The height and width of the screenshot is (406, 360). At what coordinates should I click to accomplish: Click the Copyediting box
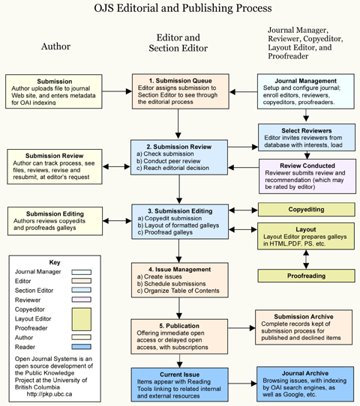(306, 210)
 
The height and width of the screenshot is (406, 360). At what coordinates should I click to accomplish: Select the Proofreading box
(306, 276)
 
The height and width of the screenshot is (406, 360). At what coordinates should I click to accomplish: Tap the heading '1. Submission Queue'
(181, 81)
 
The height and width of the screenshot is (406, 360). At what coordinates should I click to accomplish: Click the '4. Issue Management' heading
(180, 269)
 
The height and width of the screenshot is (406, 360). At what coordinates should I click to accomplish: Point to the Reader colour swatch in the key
(82, 347)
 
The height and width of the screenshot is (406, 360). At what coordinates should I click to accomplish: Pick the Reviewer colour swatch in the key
(82, 300)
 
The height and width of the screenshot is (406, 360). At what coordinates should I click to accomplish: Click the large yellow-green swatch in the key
(82, 319)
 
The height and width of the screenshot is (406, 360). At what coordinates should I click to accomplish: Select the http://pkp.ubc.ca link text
(49, 394)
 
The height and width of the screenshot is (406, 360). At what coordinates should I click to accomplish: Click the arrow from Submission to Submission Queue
(117, 91)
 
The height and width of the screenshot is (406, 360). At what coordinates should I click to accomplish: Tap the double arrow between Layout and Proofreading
(306, 259)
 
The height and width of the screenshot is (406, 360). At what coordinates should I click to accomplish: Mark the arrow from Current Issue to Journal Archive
(242, 384)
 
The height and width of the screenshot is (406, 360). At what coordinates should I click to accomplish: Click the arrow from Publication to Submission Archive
(241, 328)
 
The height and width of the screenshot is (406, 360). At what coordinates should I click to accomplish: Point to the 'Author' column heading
(55, 46)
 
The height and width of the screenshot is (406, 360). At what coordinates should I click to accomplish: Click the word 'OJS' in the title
(103, 8)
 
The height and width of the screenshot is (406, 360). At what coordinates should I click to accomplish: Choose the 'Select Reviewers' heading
(307, 131)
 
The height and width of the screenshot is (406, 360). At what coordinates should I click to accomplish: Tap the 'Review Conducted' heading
(307, 166)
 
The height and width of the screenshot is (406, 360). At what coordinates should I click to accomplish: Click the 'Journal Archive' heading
(305, 373)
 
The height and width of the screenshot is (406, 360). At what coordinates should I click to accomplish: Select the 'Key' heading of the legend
(55, 262)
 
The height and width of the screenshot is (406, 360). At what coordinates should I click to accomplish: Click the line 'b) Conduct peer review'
(169, 161)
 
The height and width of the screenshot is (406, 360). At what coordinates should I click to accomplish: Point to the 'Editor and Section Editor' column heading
(178, 43)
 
